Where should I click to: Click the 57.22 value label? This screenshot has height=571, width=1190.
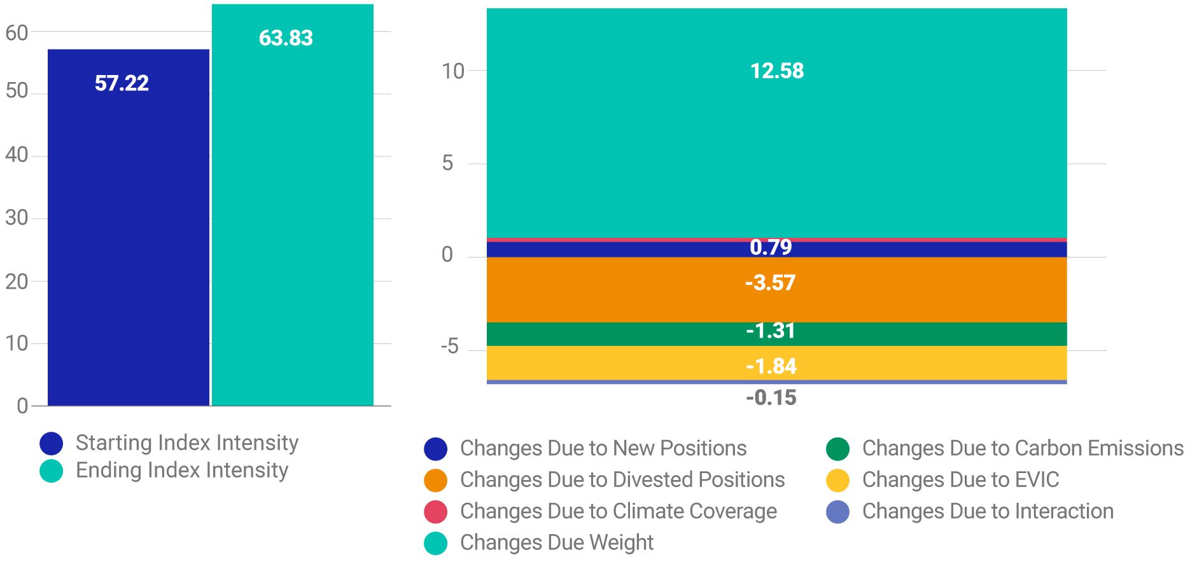(122, 83)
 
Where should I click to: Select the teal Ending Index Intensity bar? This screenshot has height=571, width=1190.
(292, 223)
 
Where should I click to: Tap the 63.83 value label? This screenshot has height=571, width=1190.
(286, 38)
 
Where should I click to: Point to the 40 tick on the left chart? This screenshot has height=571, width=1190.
(17, 155)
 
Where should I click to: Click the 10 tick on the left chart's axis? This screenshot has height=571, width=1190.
(17, 343)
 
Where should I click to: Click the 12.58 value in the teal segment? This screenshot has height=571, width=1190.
(776, 71)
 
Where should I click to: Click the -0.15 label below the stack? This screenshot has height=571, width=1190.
(771, 398)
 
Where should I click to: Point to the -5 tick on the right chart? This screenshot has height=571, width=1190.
(449, 347)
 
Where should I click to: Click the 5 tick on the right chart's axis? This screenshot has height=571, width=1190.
(447, 163)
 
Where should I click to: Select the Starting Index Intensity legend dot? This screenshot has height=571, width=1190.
(51, 443)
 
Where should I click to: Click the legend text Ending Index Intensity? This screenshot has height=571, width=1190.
(182, 471)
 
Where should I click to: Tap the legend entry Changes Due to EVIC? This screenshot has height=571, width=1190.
(960, 480)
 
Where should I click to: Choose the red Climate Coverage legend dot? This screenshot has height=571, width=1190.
(435, 512)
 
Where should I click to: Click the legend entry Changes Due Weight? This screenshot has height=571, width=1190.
(556, 543)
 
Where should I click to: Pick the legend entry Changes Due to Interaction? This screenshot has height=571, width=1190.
(987, 511)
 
